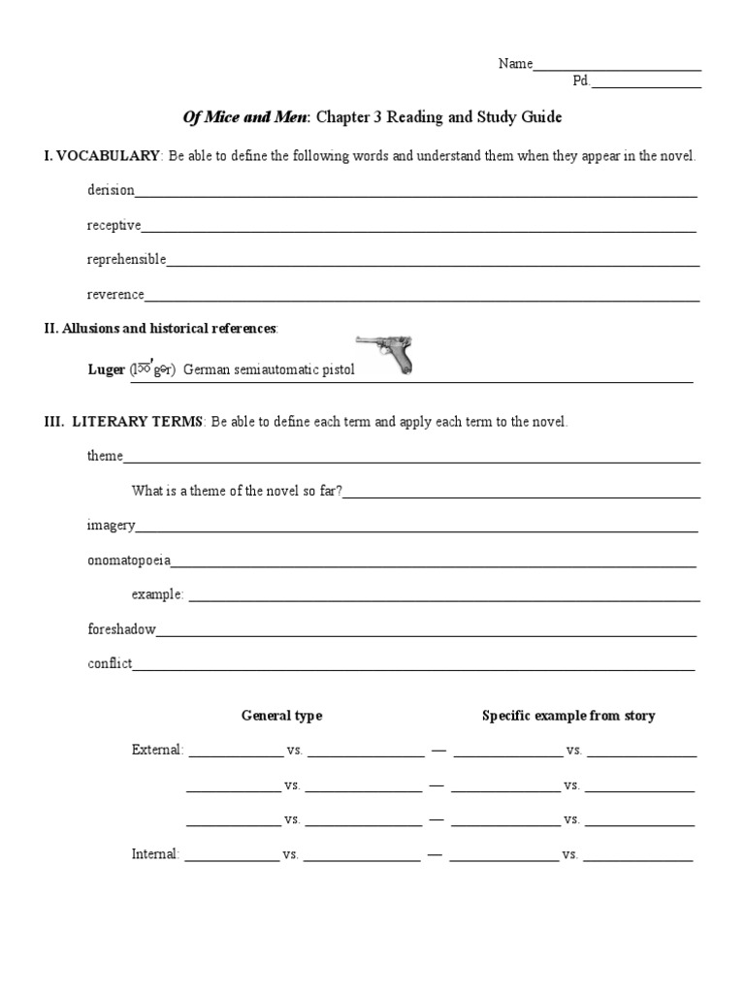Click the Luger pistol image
click(385, 353)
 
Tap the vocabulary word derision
click(111, 191)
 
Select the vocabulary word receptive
click(113, 226)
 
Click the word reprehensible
click(126, 260)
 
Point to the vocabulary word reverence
click(115, 295)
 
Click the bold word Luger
click(106, 369)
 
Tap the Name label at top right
click(515, 64)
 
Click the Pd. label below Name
click(581, 81)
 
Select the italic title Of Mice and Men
click(245, 117)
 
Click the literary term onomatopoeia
click(128, 561)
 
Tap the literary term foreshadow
click(121, 629)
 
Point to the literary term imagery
click(111, 526)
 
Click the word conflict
click(109, 664)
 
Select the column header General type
click(281, 716)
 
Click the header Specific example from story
click(568, 716)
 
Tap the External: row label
click(156, 750)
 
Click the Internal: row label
click(155, 854)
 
